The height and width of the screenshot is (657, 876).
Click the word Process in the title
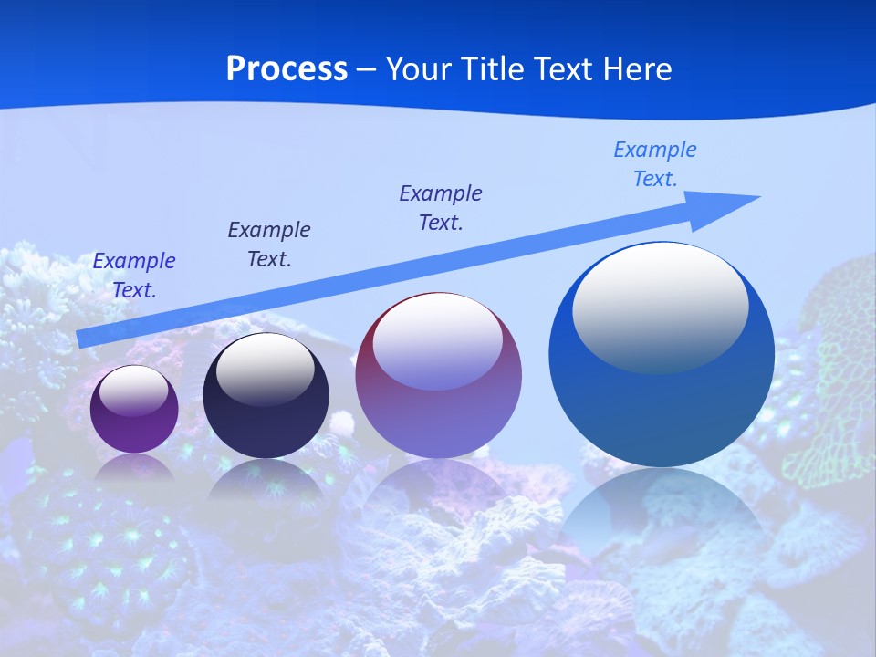point(287,68)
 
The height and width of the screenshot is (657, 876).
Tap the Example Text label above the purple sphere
point(134,276)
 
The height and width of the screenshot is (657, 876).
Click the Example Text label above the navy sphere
point(269,244)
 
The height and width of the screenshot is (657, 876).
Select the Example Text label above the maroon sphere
point(441,207)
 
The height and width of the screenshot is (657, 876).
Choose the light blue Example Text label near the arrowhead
point(654,163)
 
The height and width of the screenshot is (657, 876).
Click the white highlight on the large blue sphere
point(660,306)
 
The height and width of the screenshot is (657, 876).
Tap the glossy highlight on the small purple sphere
point(133,391)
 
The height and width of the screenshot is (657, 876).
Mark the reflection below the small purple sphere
point(134,467)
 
